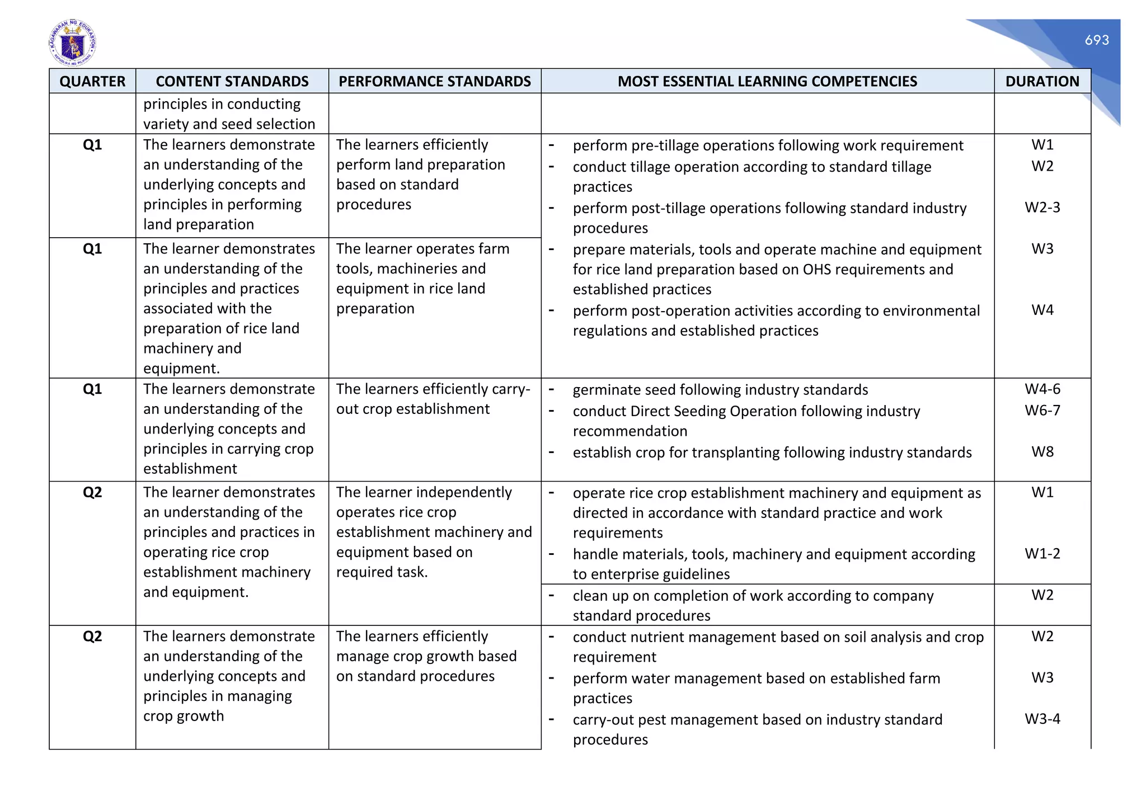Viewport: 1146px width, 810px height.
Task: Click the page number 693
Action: click(x=1096, y=40)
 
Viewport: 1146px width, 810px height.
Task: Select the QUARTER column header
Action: click(x=92, y=81)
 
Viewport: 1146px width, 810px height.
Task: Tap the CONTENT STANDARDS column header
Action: click(x=232, y=81)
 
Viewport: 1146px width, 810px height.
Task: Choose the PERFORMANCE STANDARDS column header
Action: click(x=434, y=81)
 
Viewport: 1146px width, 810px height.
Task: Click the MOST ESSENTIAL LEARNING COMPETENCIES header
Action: click(x=767, y=81)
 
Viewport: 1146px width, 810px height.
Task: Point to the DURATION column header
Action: click(x=1042, y=81)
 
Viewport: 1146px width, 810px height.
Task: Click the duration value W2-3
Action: click(x=1042, y=208)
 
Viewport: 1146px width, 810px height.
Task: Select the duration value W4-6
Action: click(x=1042, y=389)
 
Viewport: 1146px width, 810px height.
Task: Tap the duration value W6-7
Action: click(x=1042, y=410)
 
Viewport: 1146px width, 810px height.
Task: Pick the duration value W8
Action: click(x=1042, y=451)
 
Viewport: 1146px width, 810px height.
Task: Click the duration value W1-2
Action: click(x=1042, y=553)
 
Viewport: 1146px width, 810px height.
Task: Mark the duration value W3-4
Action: click(x=1042, y=719)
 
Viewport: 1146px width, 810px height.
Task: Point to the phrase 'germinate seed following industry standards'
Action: click(x=720, y=390)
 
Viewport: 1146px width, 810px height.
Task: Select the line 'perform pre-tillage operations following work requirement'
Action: click(x=768, y=145)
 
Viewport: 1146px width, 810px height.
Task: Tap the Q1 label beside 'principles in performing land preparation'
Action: click(x=92, y=145)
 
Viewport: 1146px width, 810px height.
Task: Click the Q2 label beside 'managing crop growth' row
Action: click(x=92, y=637)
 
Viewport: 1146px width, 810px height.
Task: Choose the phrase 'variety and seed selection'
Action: click(x=229, y=124)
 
